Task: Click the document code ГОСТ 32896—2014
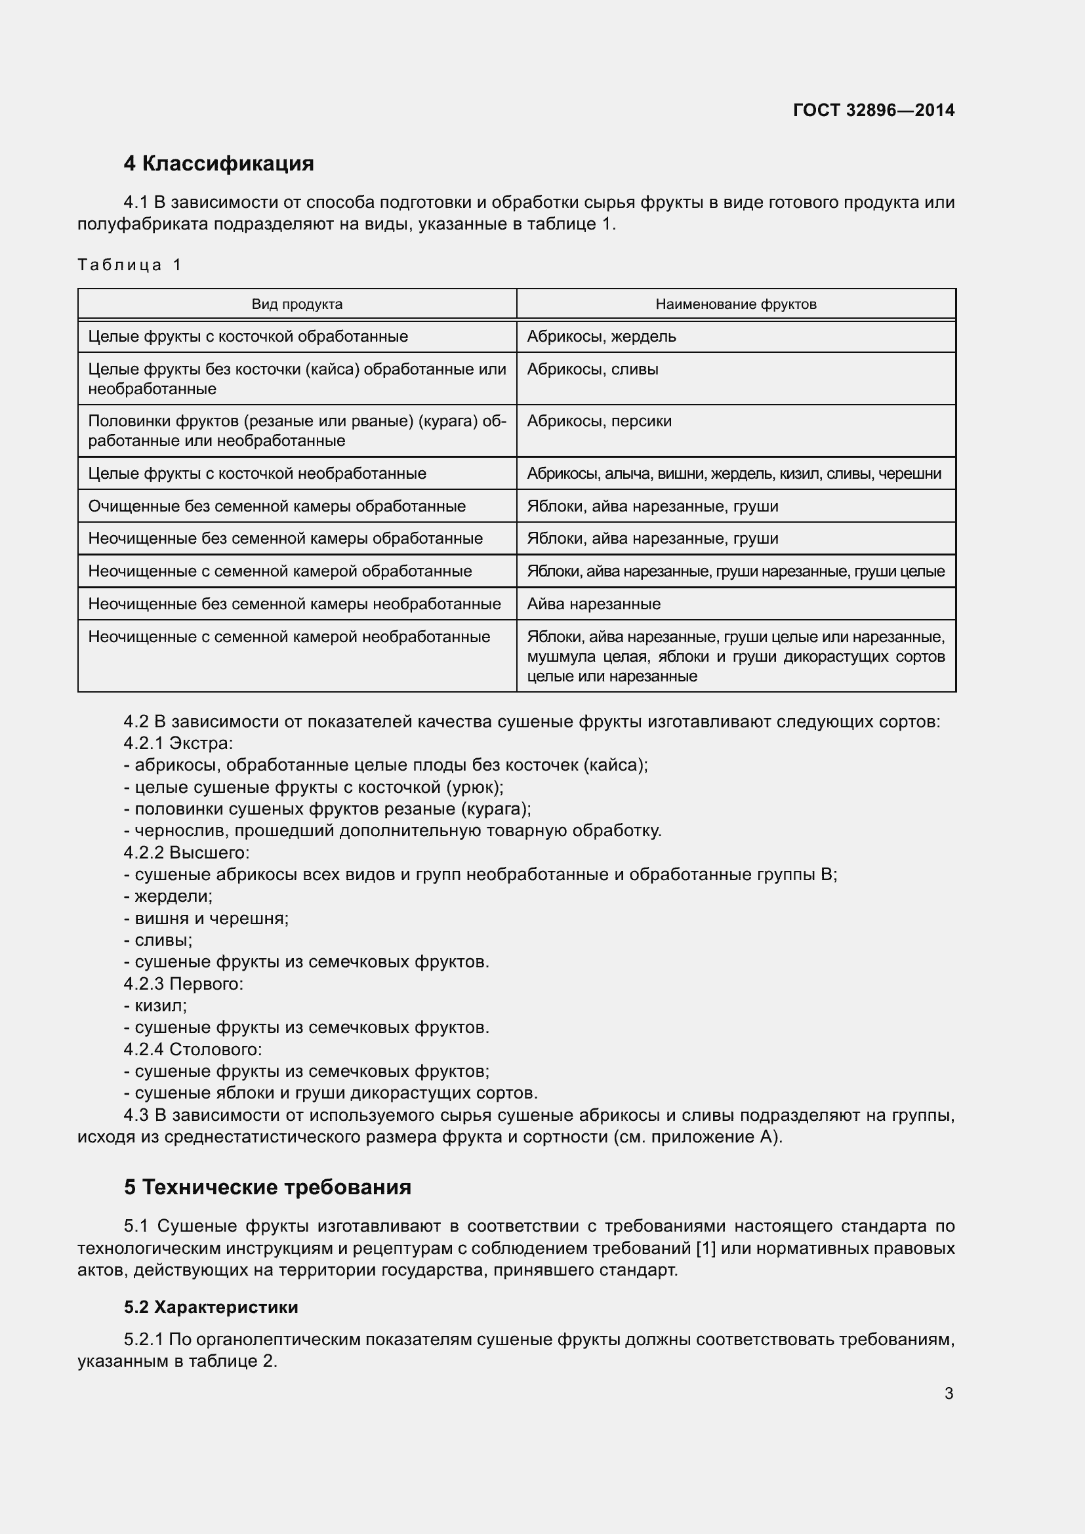[873, 110]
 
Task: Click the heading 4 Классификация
[218, 163]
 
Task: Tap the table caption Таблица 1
[129, 264]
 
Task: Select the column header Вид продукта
[297, 304]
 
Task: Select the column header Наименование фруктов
[735, 304]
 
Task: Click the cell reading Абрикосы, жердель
[602, 336]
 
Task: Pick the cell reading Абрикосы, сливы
[592, 369]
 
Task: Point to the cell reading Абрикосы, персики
[600, 421]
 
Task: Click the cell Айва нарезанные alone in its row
[593, 604]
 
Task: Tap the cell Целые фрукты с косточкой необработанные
[256, 474]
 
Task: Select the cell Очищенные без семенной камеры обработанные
[277, 506]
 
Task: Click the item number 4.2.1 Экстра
[178, 743]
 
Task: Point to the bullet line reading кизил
[160, 1005]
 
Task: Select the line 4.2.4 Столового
[192, 1049]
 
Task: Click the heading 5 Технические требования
[267, 1187]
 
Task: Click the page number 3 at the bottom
[948, 1393]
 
